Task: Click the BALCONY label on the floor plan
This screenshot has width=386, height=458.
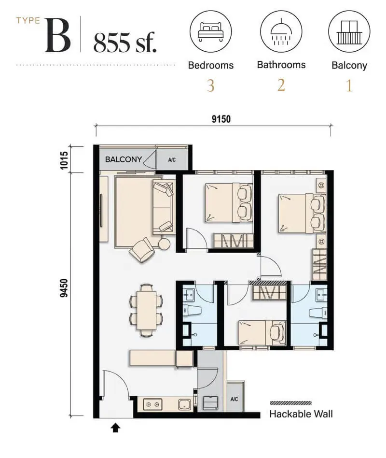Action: point(123,159)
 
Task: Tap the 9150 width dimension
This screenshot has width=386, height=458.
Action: point(221,119)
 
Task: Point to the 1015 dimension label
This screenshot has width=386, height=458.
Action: point(64,160)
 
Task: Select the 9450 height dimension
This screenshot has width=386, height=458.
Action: point(64,288)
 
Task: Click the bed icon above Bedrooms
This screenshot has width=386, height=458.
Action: point(210,31)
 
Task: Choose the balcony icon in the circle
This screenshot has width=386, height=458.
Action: point(349,32)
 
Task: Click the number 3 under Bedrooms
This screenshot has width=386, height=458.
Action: point(211,86)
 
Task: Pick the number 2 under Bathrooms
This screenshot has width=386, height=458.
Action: point(281,86)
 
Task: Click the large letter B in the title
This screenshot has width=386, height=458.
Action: point(58,36)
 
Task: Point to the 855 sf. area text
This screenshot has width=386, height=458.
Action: point(125,43)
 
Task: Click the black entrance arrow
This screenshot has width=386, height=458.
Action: point(115,428)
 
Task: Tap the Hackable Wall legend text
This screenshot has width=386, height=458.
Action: point(301,414)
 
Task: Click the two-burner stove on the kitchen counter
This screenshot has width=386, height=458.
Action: point(152,404)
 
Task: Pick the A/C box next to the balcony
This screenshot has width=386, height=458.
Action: point(172,160)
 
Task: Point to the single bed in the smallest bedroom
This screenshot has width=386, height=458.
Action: point(262,333)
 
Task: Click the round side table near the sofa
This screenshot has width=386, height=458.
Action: point(164,243)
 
